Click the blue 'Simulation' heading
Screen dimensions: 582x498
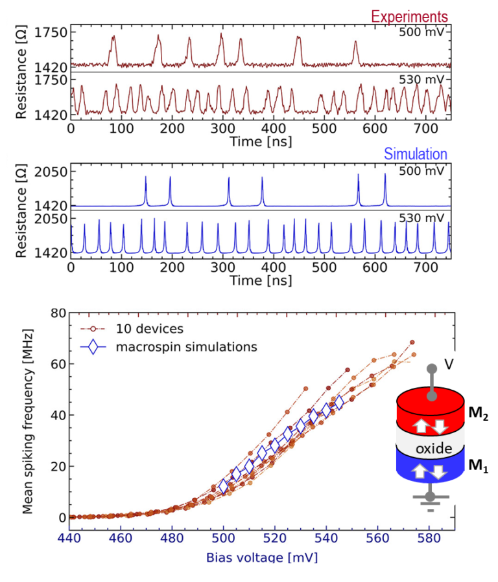[x=416, y=154]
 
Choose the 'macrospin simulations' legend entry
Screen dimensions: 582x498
[x=186, y=347]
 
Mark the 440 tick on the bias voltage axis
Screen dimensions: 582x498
[x=69, y=537]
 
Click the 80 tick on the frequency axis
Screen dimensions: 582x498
[x=58, y=313]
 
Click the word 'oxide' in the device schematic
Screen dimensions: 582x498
[x=429, y=449]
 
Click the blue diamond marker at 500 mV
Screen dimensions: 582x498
[x=224, y=487]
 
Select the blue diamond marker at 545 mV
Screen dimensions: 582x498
[x=338, y=403]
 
